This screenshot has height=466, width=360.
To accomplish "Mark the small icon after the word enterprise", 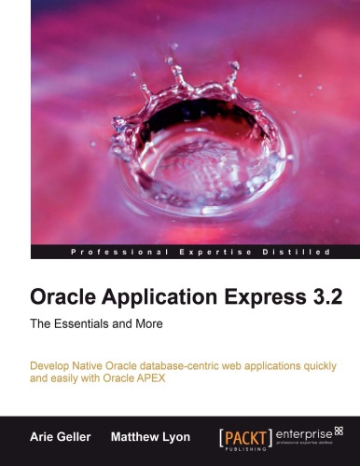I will click(339, 429).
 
